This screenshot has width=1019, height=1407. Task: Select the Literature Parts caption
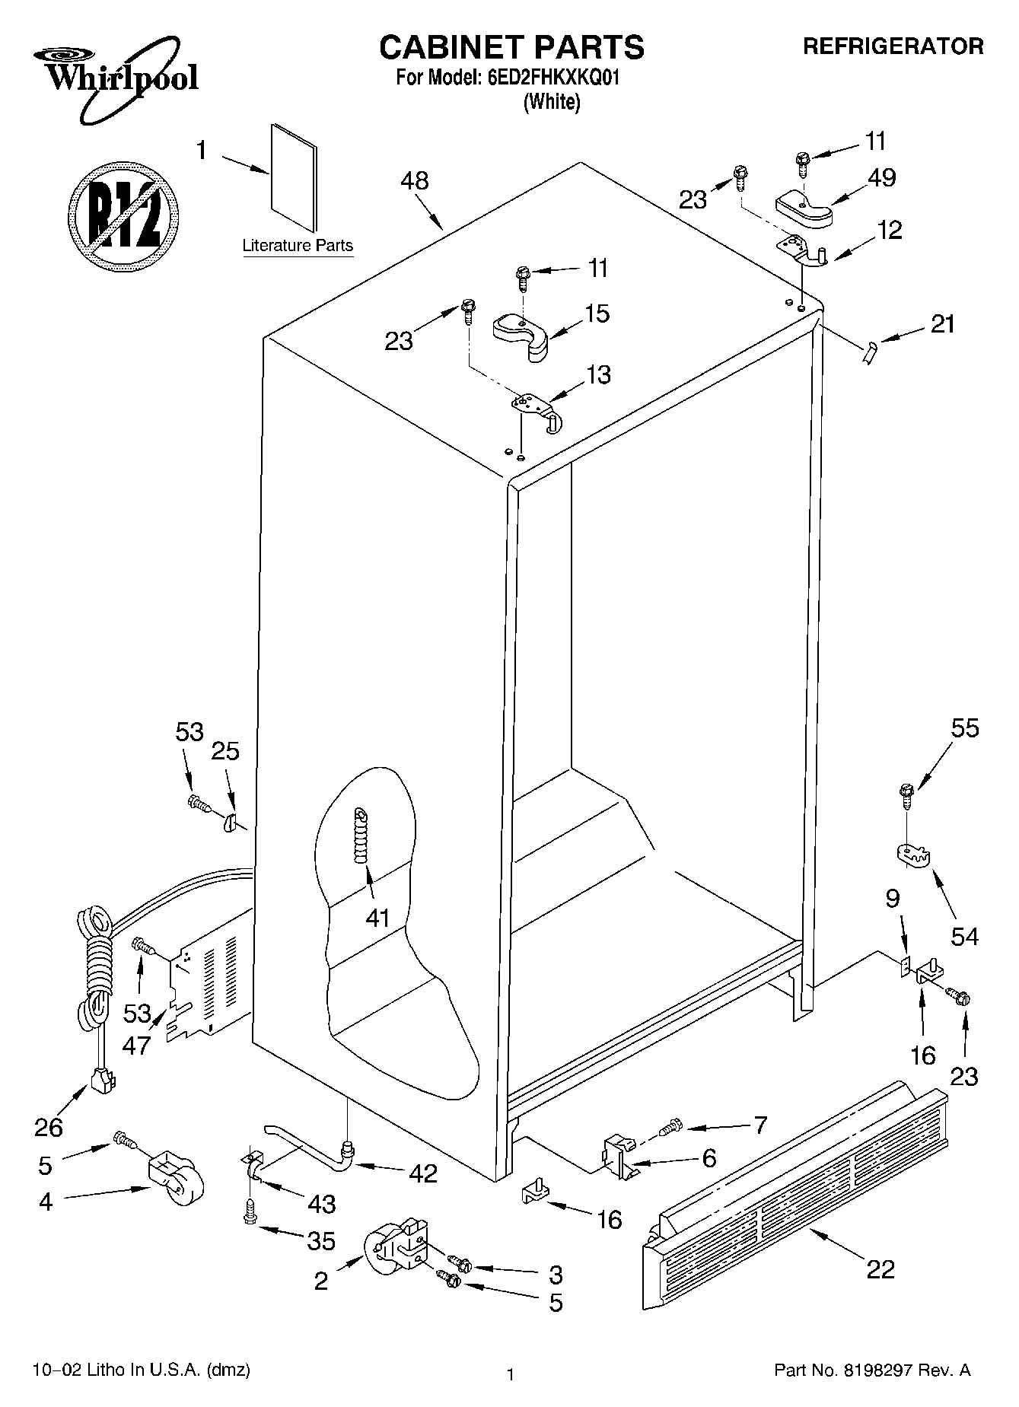[298, 246]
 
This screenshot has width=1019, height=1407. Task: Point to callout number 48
[415, 181]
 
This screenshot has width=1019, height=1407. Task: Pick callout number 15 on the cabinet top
[597, 314]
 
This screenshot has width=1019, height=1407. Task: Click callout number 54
[964, 936]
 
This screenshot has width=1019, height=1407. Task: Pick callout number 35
[320, 1241]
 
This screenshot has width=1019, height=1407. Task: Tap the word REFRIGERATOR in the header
[893, 46]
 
